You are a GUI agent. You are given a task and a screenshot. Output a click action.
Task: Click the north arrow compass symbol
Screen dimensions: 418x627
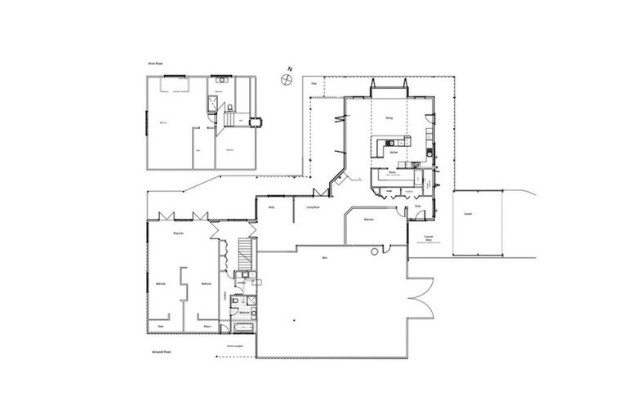tap(286, 79)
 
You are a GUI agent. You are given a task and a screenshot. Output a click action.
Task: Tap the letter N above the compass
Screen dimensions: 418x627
tap(288, 69)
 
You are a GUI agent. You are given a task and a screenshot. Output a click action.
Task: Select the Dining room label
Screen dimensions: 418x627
tap(389, 118)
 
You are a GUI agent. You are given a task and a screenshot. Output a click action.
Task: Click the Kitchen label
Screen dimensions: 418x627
tap(393, 153)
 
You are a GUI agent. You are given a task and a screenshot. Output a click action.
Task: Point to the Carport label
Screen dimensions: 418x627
tap(468, 214)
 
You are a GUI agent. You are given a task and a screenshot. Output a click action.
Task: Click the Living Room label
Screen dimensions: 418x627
tap(312, 208)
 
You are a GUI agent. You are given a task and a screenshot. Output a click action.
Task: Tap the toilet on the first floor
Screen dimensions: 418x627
tap(232, 108)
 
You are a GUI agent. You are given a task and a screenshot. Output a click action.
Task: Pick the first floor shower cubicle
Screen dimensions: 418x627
tap(213, 103)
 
